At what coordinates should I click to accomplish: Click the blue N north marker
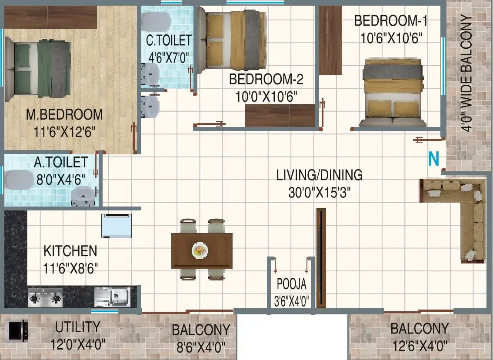click(434, 159)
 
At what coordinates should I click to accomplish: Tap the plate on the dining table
click(200, 250)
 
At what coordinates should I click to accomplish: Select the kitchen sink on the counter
click(112, 297)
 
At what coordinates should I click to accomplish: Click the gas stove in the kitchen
click(45, 297)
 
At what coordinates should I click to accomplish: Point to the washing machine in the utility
click(18, 330)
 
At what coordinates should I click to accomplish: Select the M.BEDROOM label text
click(64, 114)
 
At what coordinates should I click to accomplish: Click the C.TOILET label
click(169, 40)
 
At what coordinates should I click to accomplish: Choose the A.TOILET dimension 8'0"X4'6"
click(61, 180)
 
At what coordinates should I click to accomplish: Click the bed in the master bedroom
click(38, 69)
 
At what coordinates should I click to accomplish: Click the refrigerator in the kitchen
click(117, 226)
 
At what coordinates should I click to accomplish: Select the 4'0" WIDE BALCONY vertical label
click(466, 73)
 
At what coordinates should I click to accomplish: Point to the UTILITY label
click(78, 327)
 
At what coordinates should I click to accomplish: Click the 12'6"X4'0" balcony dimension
click(420, 346)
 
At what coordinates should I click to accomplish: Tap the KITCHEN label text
click(70, 251)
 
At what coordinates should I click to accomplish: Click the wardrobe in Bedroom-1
click(330, 40)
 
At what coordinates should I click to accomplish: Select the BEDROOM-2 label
click(266, 79)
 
